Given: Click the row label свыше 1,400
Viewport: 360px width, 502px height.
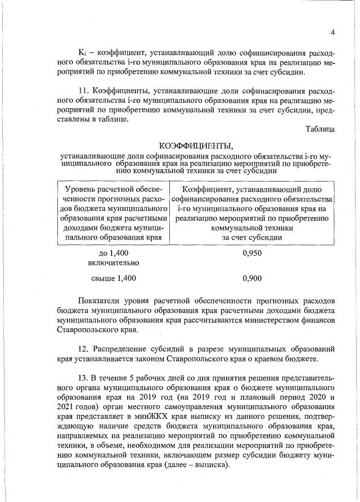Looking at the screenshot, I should pyautogui.click(x=114, y=278).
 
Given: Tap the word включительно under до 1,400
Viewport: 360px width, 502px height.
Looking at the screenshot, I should pyautogui.click(x=114, y=263).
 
